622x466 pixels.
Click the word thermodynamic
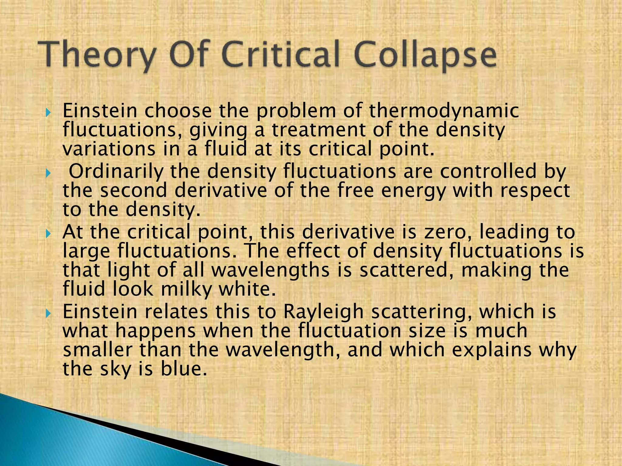tap(444, 111)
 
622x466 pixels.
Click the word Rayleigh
tap(323, 312)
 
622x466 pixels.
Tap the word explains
tap(492, 350)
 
